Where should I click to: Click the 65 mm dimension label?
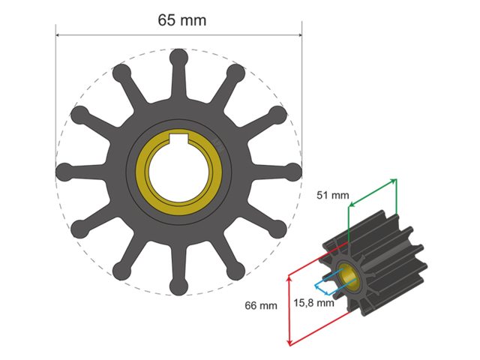pos(181,19)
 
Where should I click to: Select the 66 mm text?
pos(261,305)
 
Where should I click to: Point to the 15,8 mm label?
pos(313,303)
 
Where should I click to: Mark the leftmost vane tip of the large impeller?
pos(64,171)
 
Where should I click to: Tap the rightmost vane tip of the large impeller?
pos(292,171)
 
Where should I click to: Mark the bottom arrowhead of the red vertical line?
pos(289,343)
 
